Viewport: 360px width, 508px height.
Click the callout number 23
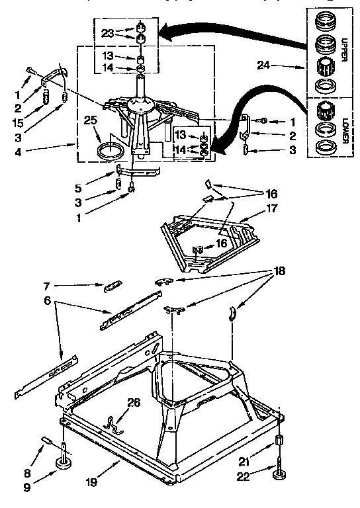coord(108,32)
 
